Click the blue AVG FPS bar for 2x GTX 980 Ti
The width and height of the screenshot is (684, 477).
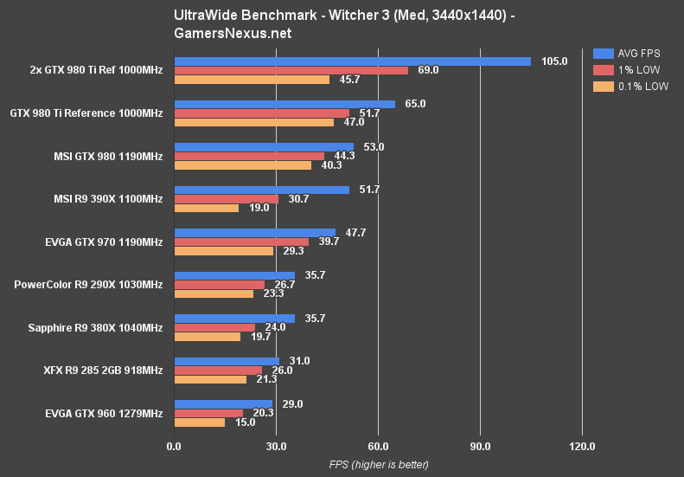click(352, 61)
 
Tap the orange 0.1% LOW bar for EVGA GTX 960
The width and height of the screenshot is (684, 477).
click(200, 422)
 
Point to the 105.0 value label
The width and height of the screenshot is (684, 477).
click(553, 61)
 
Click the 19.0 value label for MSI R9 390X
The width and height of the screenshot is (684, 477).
click(257, 208)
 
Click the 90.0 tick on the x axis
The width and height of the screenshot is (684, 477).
click(480, 447)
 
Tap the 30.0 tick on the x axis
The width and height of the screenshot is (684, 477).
click(276, 447)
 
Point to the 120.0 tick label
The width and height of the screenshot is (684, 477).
click(582, 447)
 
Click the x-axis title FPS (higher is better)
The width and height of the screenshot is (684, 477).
click(378, 465)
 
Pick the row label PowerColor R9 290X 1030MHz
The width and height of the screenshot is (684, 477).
click(88, 284)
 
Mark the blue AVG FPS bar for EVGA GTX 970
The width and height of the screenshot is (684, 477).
click(255, 232)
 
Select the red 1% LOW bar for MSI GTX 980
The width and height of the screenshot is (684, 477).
click(249, 156)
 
